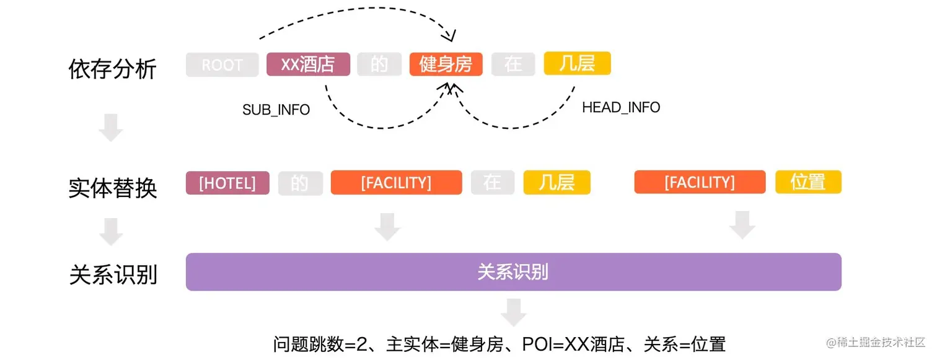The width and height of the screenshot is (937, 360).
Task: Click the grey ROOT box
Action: point(222,65)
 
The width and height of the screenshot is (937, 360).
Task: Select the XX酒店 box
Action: point(308,64)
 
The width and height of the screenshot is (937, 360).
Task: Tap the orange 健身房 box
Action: point(446,64)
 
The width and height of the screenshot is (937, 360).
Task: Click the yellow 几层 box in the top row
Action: point(577,63)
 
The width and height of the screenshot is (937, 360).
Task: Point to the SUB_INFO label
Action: point(276,110)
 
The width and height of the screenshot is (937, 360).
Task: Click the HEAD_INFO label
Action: point(621,107)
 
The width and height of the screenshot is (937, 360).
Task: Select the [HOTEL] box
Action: point(227,183)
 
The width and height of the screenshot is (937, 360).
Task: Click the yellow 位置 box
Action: point(808,182)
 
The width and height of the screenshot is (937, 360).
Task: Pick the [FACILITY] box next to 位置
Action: point(700,182)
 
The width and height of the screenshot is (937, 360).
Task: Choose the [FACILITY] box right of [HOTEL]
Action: point(396,183)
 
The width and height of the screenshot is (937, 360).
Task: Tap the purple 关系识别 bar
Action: point(513,272)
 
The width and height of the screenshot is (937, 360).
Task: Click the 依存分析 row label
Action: point(112,69)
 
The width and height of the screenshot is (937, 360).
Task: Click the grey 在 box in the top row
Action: point(513,64)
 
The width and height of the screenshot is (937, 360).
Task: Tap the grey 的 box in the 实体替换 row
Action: point(300,183)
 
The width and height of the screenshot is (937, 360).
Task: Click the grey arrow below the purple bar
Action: point(513,313)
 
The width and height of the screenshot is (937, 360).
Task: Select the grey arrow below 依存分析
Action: point(111,128)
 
